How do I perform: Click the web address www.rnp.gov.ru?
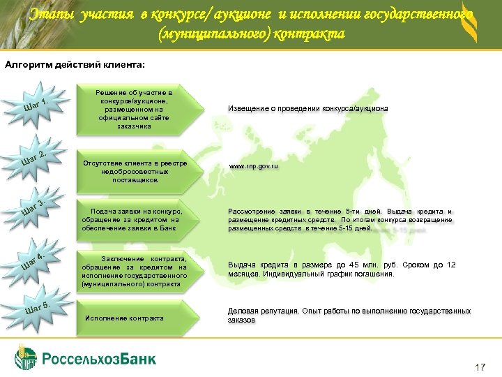click(254, 167)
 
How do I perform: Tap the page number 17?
click(479, 367)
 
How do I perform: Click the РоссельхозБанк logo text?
click(99, 359)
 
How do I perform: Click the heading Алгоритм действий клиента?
click(75, 66)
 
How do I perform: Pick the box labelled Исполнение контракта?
click(124, 318)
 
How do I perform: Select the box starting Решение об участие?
click(133, 109)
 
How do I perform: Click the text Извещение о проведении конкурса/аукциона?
click(308, 109)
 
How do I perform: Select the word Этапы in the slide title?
click(52, 13)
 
